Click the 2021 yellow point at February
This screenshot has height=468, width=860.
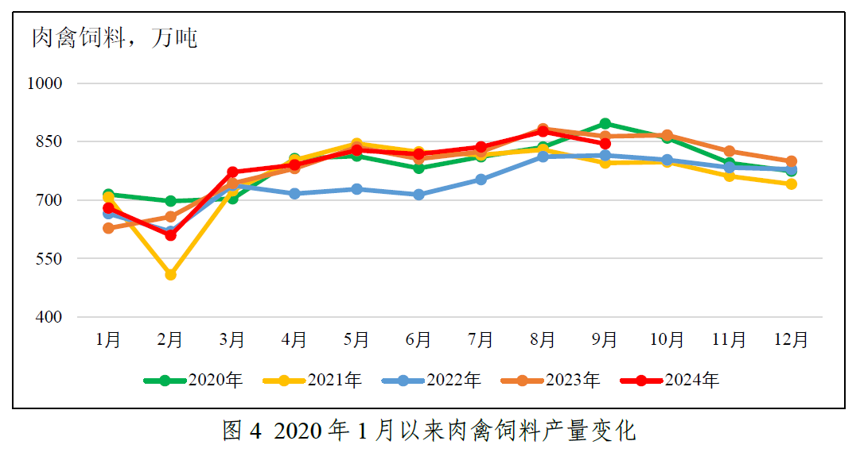(170, 275)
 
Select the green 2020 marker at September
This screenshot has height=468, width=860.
(605, 123)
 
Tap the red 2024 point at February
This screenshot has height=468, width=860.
(170, 235)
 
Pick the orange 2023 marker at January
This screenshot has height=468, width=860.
(108, 228)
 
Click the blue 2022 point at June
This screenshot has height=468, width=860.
(418, 195)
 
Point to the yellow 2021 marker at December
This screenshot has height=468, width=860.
(792, 184)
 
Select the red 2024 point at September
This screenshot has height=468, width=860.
(605, 144)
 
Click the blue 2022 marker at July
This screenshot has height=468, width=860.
(481, 180)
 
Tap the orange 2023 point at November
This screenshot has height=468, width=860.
(730, 151)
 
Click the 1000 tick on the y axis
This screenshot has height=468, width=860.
(47, 83)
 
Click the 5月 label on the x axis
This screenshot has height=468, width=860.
(356, 340)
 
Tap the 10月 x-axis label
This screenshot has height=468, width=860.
(667, 340)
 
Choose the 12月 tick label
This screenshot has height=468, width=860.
(792, 340)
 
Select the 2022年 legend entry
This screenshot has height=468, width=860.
(431, 381)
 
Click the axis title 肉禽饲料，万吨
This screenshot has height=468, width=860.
(115, 37)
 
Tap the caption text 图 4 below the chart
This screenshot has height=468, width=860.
(242, 431)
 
